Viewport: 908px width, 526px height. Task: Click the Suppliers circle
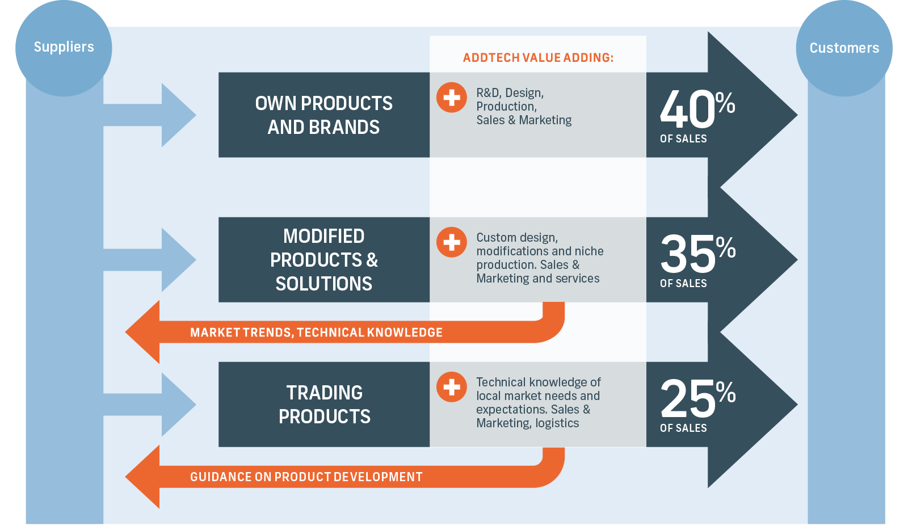(x=64, y=48)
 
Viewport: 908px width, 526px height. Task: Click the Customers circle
(x=844, y=48)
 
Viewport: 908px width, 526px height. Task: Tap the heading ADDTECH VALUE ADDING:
(x=538, y=57)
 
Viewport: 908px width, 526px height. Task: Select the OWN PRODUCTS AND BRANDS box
(x=324, y=115)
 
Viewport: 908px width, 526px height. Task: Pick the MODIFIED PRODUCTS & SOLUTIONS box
(x=324, y=260)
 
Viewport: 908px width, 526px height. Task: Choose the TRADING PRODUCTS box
(x=324, y=405)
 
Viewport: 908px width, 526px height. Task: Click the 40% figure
(x=697, y=108)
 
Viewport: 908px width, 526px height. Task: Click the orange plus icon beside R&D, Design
(x=452, y=97)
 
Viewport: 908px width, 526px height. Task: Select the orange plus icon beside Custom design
(x=452, y=242)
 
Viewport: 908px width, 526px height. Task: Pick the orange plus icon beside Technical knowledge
(x=452, y=387)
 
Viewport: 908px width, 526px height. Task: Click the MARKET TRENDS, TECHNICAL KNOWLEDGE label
(x=316, y=333)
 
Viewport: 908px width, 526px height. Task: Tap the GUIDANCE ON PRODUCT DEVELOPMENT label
(x=306, y=477)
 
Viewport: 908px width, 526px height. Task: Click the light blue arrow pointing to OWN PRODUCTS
(x=150, y=115)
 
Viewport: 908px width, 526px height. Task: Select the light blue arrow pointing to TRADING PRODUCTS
(x=150, y=405)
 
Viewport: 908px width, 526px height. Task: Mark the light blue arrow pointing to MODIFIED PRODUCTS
(x=150, y=260)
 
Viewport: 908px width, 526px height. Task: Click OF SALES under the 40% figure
(x=683, y=138)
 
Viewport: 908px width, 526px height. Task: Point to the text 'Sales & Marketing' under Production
(x=524, y=120)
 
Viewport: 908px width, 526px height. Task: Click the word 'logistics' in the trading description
(x=557, y=423)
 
